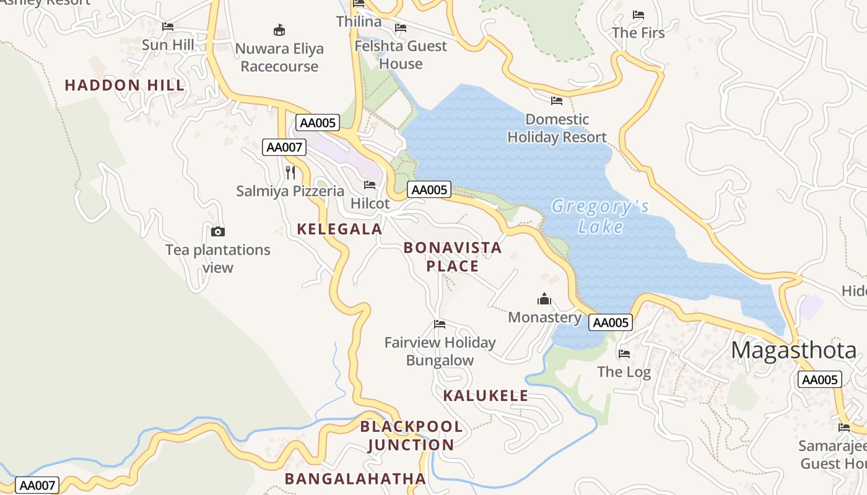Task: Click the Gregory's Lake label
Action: (x=600, y=216)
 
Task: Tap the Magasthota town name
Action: (x=794, y=350)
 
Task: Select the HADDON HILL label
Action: (x=124, y=85)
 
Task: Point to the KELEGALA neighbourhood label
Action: (x=339, y=229)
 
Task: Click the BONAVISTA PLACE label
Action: (x=453, y=257)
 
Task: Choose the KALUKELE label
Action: (x=486, y=395)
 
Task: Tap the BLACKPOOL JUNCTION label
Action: (x=411, y=436)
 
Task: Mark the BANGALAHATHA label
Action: (x=355, y=478)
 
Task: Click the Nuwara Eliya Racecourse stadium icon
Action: (x=279, y=30)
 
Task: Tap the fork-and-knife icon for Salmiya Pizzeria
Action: (x=290, y=172)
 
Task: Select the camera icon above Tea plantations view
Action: (x=218, y=232)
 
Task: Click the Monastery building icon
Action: (x=544, y=299)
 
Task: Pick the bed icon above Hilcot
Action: (x=370, y=185)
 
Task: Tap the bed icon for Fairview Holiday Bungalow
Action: (x=440, y=324)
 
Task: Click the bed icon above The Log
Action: (x=624, y=354)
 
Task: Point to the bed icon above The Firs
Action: (x=638, y=15)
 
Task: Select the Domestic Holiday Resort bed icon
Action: (x=557, y=101)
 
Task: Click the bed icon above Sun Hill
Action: (x=168, y=27)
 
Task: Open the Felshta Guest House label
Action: (x=401, y=55)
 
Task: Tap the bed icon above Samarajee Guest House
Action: (x=844, y=428)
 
